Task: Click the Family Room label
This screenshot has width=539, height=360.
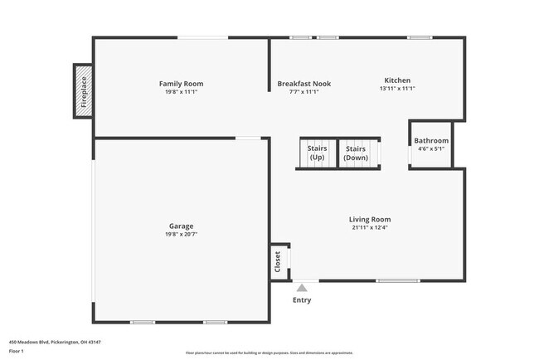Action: (181, 84)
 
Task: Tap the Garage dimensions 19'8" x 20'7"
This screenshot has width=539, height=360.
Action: (181, 235)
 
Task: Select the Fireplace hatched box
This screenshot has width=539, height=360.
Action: (83, 91)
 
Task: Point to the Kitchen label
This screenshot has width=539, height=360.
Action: (397, 80)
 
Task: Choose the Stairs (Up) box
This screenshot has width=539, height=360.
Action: (317, 153)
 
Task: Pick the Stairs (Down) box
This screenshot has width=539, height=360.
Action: (356, 153)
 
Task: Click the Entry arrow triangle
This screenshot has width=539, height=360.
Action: (302, 288)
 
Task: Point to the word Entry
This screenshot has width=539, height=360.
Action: (302, 300)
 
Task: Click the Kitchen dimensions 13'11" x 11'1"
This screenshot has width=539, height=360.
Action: (397, 89)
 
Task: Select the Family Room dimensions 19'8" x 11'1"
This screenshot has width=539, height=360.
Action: (181, 92)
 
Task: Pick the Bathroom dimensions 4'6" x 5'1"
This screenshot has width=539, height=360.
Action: (431, 149)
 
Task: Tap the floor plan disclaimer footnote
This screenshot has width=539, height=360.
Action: (269, 353)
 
